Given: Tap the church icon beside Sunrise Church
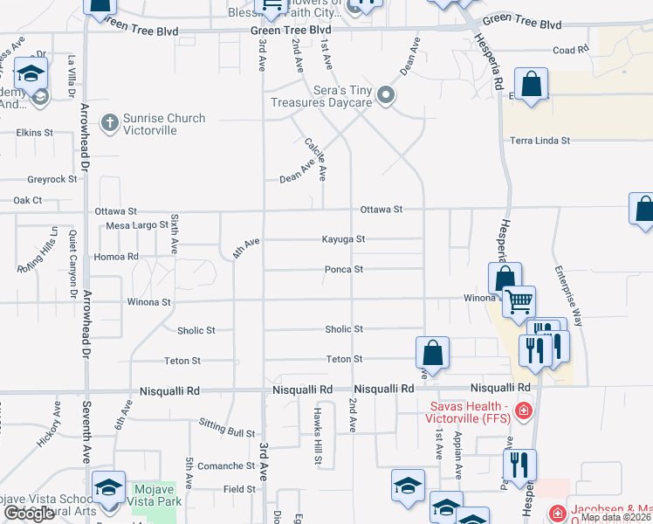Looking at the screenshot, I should tap(110, 122).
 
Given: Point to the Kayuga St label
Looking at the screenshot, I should tap(343, 238).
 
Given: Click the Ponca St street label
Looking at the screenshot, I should tap(344, 270).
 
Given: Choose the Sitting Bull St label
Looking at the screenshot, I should tap(226, 433).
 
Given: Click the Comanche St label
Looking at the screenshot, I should tap(225, 466).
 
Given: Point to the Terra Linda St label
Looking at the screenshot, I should tap(540, 140).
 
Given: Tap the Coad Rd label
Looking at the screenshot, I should tap(571, 51).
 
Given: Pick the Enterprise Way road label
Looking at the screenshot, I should tap(569, 298).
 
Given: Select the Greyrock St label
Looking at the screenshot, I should tap(52, 179).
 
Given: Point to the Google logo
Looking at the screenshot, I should tap(29, 514).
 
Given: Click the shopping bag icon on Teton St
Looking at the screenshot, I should tap(432, 353).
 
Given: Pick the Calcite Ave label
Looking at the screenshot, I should tap(315, 158).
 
